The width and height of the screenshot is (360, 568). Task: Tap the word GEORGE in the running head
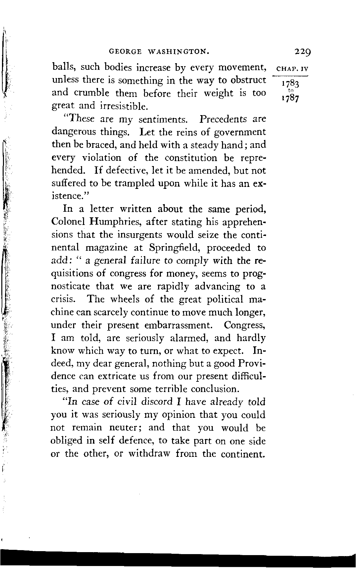pyautogui.click(x=125, y=52)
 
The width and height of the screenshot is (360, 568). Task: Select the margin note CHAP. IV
pyautogui.click(x=292, y=70)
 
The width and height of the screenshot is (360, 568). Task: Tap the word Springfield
pyautogui.click(x=174, y=248)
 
